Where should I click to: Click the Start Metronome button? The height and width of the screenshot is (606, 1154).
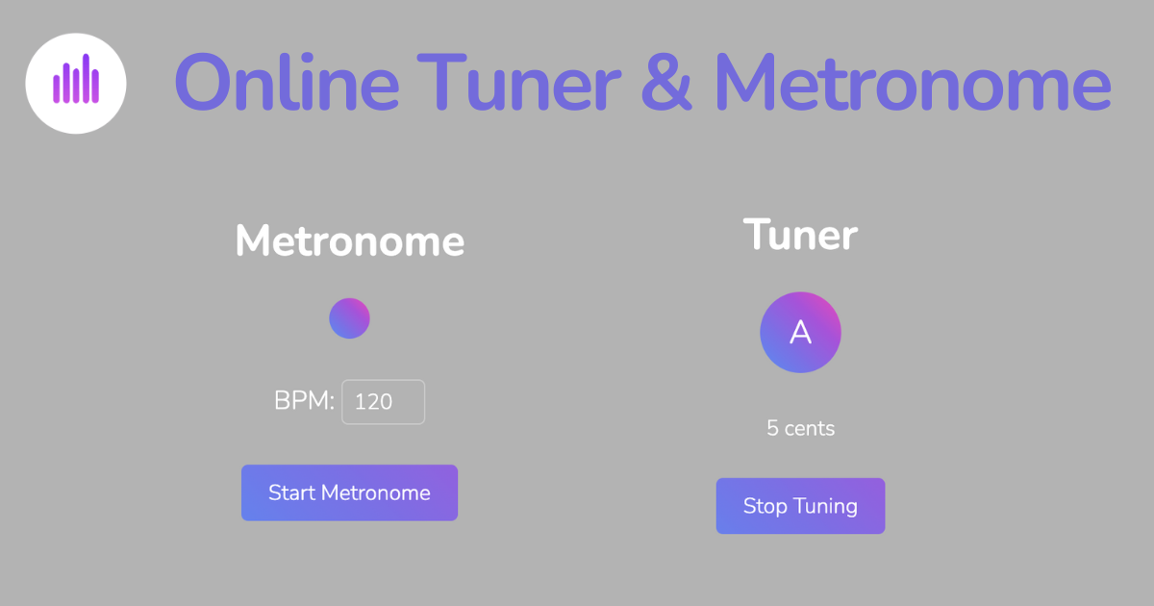pos(349,492)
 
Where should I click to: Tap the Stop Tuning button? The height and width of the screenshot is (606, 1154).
pos(800,506)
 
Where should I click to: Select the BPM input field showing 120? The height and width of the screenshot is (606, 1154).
pos(383,402)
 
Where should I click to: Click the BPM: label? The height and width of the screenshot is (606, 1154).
pos(304,401)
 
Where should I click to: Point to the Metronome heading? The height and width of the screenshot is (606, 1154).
pos(350,240)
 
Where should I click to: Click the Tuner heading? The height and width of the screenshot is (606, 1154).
pos(800,235)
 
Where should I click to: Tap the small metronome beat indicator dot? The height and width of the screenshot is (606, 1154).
pos(349,318)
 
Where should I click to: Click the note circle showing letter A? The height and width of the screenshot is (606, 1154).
pos(800,332)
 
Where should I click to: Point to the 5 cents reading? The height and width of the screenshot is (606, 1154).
pos(800,428)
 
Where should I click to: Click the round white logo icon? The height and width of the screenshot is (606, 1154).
pos(76,83)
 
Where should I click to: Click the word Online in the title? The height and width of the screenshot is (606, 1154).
pos(287,83)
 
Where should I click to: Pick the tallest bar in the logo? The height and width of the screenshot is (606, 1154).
pos(86,78)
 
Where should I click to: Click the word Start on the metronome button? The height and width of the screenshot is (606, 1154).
pos(291,492)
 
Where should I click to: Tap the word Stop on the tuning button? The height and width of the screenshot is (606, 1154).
pos(765,506)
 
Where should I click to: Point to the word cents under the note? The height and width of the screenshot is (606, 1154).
pos(810,428)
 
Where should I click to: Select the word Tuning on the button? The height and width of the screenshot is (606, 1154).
pos(826,507)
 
